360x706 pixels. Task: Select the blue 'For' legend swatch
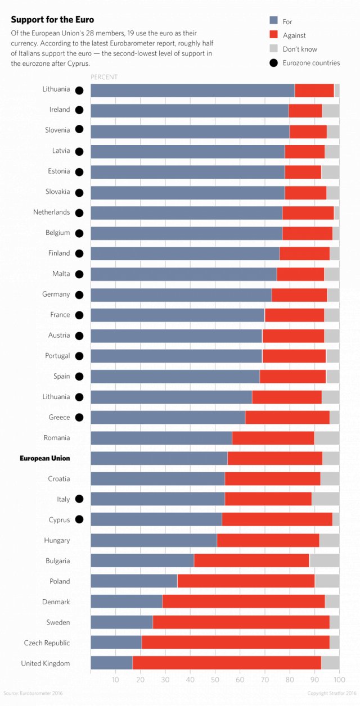point(274,21)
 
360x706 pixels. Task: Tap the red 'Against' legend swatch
point(274,35)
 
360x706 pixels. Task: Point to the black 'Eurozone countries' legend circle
point(274,62)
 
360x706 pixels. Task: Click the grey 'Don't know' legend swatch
point(274,49)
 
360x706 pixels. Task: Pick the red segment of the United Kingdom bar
point(227,663)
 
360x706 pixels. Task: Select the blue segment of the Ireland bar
point(190,110)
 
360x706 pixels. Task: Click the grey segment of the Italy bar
point(325,499)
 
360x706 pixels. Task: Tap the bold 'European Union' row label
point(45,459)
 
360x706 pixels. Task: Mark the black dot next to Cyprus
point(79,519)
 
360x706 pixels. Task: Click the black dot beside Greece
point(79,417)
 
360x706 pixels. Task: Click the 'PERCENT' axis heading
point(104,77)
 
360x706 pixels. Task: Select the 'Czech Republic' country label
point(47,642)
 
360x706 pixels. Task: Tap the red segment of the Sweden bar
point(241,622)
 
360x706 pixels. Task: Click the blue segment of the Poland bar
point(134,581)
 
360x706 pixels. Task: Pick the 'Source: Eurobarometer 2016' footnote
point(33,693)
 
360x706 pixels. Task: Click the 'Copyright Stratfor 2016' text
point(331,693)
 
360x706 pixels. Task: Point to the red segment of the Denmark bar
point(243,601)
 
